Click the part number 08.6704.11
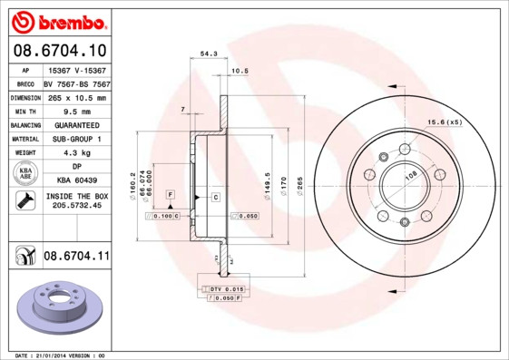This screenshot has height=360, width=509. coord(76,258)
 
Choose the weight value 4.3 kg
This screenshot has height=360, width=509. coord(76,153)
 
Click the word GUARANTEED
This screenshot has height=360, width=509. coord(76,125)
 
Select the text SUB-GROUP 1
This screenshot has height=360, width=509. coord(76,140)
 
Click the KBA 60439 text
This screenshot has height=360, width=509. coord(76,181)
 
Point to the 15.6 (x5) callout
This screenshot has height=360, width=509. coord(445,122)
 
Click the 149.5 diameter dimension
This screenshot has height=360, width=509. coord(267,181)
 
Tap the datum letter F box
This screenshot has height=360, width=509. coord(170,195)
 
